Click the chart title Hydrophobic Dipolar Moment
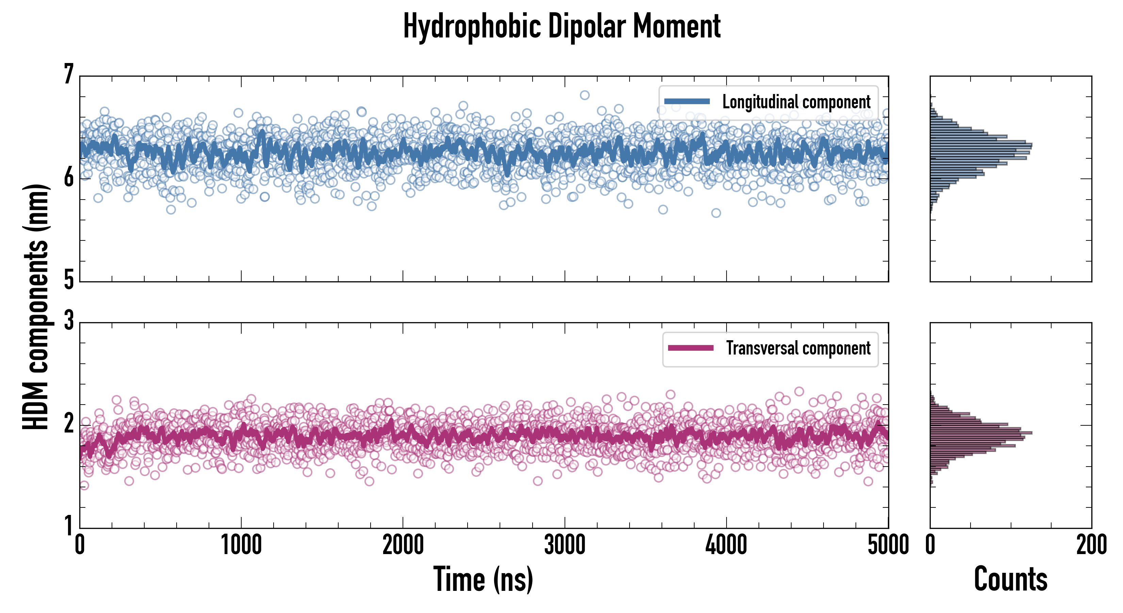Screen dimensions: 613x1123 click(561, 26)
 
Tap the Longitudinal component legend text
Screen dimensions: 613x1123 click(796, 102)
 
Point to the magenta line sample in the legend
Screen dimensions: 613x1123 click(690, 348)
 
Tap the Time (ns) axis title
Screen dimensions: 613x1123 click(483, 579)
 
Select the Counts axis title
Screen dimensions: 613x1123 click(1010, 579)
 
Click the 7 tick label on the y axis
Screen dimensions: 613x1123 click(69, 75)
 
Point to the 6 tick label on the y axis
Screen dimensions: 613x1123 click(69, 177)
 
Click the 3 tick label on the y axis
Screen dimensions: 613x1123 click(69, 321)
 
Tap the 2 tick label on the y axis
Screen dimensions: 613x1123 click(69, 423)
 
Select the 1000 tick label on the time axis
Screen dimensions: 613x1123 click(241, 545)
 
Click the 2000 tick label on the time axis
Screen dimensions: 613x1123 click(403, 545)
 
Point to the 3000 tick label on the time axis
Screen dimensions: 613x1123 click(565, 545)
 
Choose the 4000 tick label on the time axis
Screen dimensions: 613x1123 click(726, 545)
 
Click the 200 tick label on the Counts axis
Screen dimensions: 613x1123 click(1091, 545)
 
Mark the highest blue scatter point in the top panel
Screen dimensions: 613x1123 click(585, 95)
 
